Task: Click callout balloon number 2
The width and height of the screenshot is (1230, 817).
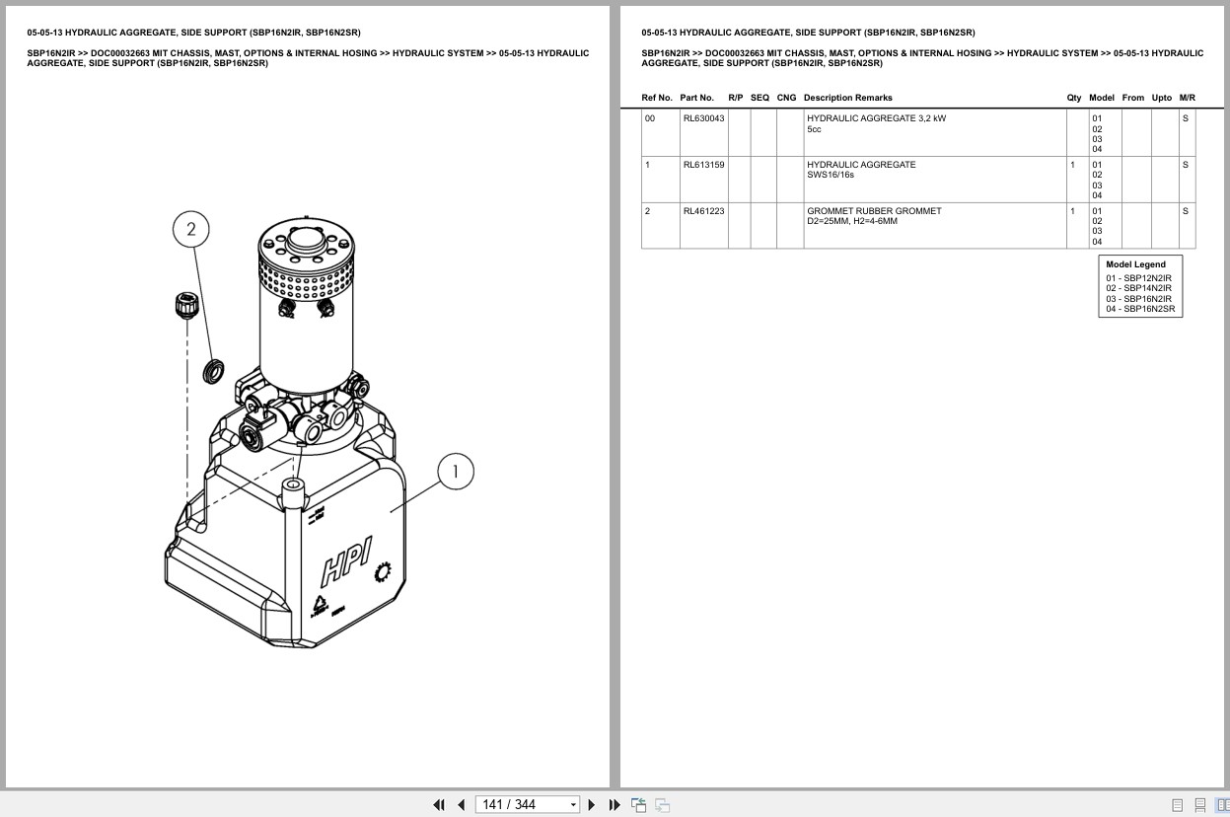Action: click(x=191, y=229)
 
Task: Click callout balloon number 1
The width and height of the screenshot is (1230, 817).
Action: click(x=456, y=472)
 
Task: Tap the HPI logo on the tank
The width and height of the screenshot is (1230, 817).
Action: click(x=347, y=561)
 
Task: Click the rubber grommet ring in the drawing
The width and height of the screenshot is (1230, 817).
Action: click(x=213, y=371)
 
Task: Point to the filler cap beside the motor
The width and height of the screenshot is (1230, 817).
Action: click(x=186, y=305)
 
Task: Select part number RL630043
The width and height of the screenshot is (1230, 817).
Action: click(x=703, y=118)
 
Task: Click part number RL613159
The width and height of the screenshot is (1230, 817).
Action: click(x=703, y=164)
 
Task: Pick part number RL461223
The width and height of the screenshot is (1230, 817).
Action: click(x=703, y=211)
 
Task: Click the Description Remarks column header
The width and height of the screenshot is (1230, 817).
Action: click(x=848, y=98)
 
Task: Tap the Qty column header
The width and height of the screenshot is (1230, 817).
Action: click(x=1073, y=98)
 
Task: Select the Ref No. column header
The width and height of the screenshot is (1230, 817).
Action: click(x=657, y=98)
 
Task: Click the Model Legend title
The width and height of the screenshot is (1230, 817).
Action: click(x=1135, y=264)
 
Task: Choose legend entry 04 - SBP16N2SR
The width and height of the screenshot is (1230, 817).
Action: click(x=1140, y=309)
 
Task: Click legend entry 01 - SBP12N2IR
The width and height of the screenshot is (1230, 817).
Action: click(x=1139, y=278)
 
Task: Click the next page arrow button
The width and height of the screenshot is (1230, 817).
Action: click(x=592, y=805)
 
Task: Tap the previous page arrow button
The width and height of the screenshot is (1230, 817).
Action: click(x=462, y=805)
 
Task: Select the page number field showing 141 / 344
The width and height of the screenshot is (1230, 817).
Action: click(x=527, y=805)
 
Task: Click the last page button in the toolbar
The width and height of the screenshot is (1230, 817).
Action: click(x=615, y=805)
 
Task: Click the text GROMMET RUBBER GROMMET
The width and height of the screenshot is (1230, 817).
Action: click(x=874, y=211)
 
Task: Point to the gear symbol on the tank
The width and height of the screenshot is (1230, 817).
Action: click(x=383, y=572)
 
